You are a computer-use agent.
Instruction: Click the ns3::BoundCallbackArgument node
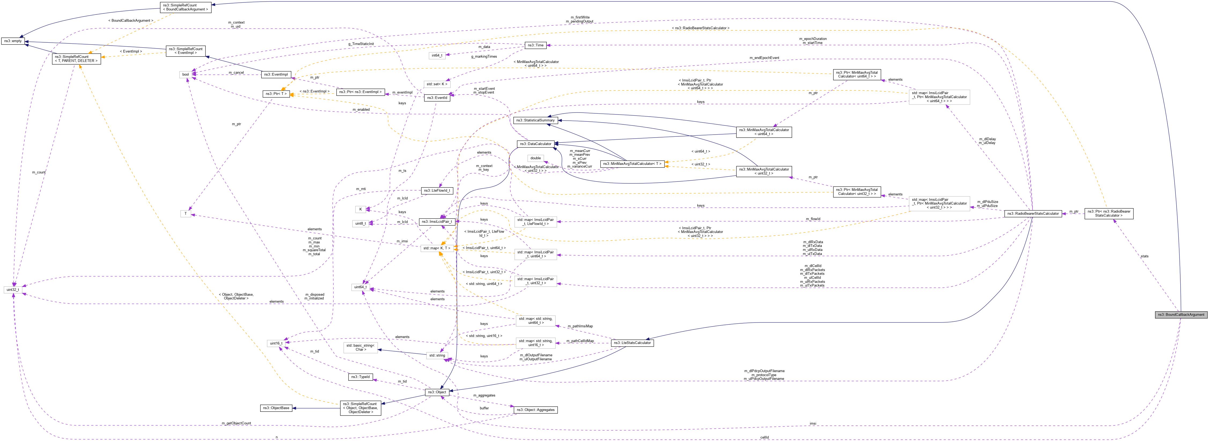point(1180,314)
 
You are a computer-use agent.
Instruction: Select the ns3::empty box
point(13,41)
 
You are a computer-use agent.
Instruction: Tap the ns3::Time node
point(535,45)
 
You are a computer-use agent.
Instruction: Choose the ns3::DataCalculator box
point(535,144)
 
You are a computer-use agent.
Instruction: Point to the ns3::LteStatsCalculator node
point(632,343)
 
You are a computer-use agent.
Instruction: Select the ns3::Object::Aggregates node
point(535,410)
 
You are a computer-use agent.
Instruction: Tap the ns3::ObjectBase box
point(276,408)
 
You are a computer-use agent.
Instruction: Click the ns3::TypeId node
point(361,377)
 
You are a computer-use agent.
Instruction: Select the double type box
point(535,158)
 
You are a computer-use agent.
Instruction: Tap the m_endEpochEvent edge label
point(764,58)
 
